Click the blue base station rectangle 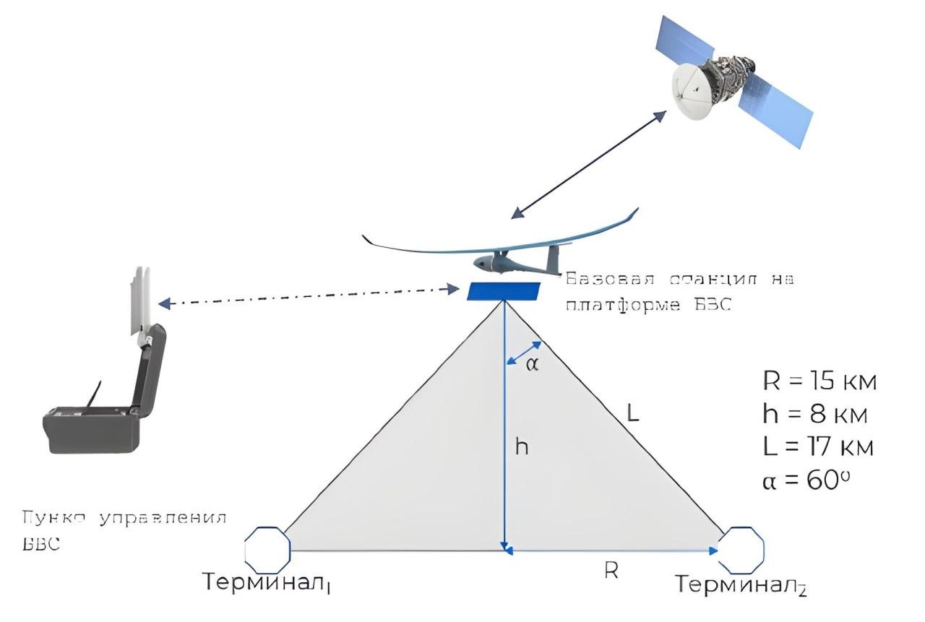pyautogui.click(x=503, y=291)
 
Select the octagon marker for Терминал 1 pyautogui.click(x=267, y=549)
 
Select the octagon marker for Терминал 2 pyautogui.click(x=741, y=549)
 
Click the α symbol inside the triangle pyautogui.click(x=532, y=364)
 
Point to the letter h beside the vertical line pyautogui.click(x=522, y=447)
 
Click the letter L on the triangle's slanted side pyautogui.click(x=633, y=414)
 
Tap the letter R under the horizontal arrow pyautogui.click(x=611, y=571)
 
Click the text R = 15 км pyautogui.click(x=819, y=381)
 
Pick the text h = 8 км pyautogui.click(x=814, y=414)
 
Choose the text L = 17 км pyautogui.click(x=817, y=446)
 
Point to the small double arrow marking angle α pyautogui.click(x=523, y=352)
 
